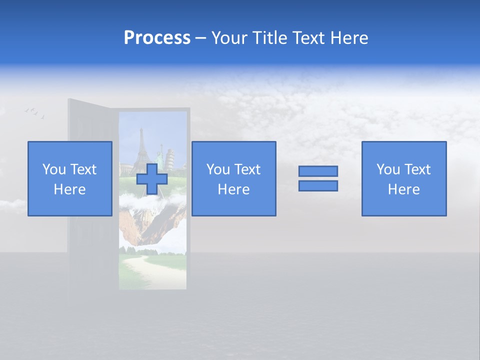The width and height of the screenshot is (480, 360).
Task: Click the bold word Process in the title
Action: coord(157,38)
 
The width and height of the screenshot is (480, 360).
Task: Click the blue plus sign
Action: coord(152,179)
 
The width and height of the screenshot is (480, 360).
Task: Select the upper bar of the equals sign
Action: coord(318,171)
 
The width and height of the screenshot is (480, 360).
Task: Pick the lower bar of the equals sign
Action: coord(318,186)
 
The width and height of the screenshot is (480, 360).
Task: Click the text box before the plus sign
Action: coord(69,178)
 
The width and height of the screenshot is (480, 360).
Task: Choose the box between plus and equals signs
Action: coord(233,178)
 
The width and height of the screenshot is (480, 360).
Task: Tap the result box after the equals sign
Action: coord(403,178)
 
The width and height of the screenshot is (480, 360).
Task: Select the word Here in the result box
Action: coord(403,189)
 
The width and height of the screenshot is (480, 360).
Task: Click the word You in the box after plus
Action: coord(218,169)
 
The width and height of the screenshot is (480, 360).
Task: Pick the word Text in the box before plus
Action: coord(82,169)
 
